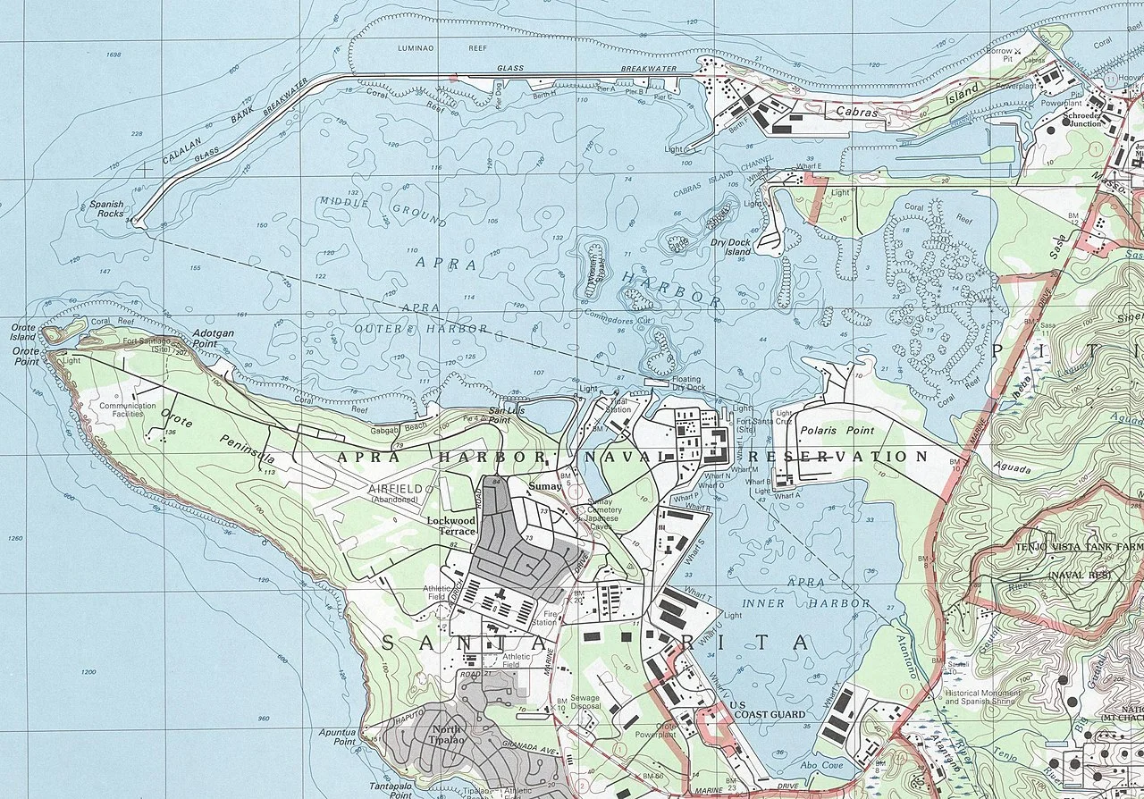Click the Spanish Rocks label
[106, 209]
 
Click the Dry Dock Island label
[730, 247]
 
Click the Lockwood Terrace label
[450, 525]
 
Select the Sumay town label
[544, 486]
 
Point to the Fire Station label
[543, 618]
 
